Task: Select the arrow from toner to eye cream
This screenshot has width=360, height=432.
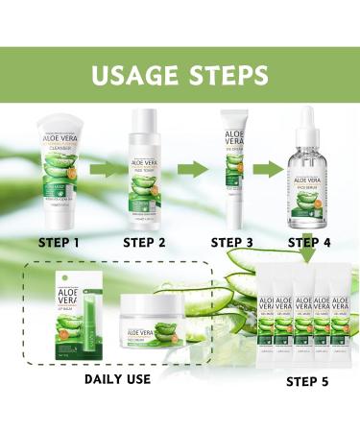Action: point(191,170)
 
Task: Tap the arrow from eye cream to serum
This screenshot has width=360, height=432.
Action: point(272,170)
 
